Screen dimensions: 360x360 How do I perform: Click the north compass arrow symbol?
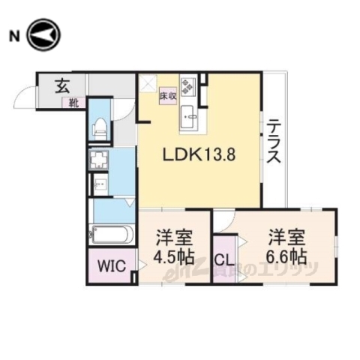44,35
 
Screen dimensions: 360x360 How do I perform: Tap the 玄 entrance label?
59,84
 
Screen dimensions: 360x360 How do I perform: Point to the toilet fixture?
99,129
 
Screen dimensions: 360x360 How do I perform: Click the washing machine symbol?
99,160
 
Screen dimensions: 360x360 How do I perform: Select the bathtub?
111,234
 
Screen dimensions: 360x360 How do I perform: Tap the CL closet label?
223,259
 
